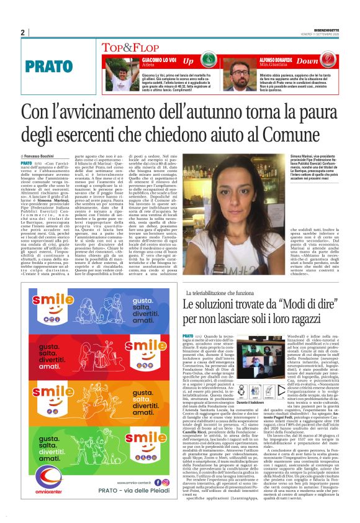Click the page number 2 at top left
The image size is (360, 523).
[x=23, y=32]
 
